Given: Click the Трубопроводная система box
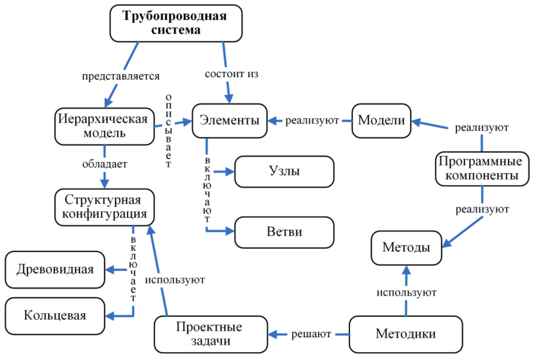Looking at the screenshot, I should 176,23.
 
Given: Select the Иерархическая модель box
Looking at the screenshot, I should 104,126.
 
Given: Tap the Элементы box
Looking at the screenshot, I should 229,120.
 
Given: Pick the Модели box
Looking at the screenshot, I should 381,120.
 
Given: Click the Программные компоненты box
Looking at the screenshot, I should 482,169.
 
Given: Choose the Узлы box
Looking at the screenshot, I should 284,171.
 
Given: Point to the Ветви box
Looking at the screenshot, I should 284,232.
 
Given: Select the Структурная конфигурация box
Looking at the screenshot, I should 104,207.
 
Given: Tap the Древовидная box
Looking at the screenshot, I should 55,269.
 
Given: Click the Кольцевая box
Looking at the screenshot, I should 55,316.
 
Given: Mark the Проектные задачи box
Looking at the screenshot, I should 211,334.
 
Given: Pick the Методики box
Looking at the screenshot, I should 405,334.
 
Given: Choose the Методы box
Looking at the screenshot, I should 406,248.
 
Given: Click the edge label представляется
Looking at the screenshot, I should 121,77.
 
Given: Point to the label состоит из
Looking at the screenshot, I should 231,74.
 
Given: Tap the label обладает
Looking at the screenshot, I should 105,164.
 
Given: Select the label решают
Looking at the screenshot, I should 311,334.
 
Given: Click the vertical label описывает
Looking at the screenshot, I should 168,131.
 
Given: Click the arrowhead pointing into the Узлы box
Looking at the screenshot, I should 229,171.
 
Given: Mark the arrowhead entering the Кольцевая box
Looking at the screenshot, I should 110,316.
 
